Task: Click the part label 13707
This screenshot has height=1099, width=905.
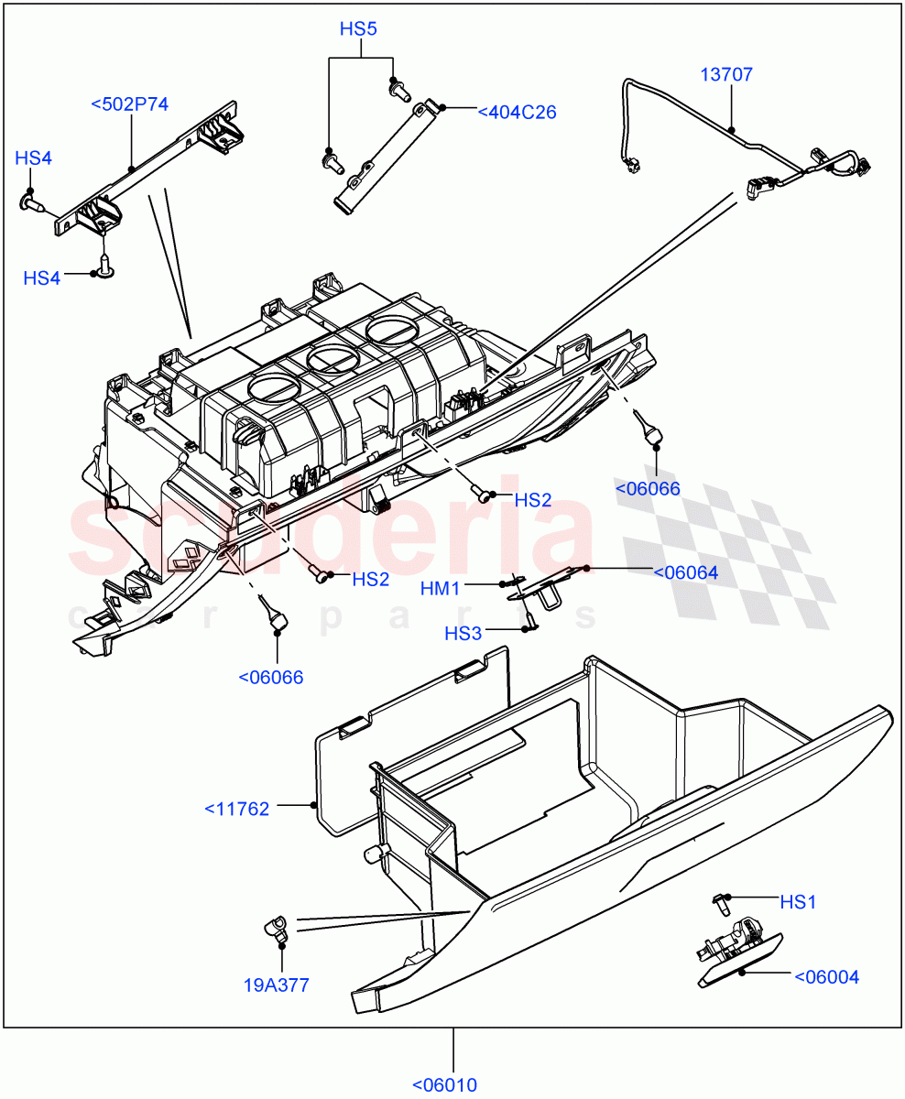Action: pos(726,74)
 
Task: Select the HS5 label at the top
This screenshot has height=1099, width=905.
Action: pos(358,28)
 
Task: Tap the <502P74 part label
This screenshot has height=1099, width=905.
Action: pos(130,103)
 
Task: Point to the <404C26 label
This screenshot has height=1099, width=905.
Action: pos(517,113)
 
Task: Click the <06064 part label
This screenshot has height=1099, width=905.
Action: pos(685,573)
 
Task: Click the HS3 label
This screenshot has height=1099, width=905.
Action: pos(463,633)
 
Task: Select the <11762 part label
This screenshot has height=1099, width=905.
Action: pos(236,809)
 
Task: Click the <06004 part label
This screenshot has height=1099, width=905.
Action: pos(826,976)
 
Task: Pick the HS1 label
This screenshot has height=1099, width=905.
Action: pos(798,902)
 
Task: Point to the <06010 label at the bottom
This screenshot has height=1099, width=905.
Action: pos(444,1085)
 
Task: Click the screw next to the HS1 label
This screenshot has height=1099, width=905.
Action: pos(721,905)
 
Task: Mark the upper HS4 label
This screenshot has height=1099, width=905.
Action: pos(33,158)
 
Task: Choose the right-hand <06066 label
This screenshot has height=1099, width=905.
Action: pos(648,488)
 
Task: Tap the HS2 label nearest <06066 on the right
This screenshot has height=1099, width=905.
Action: pos(532,500)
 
